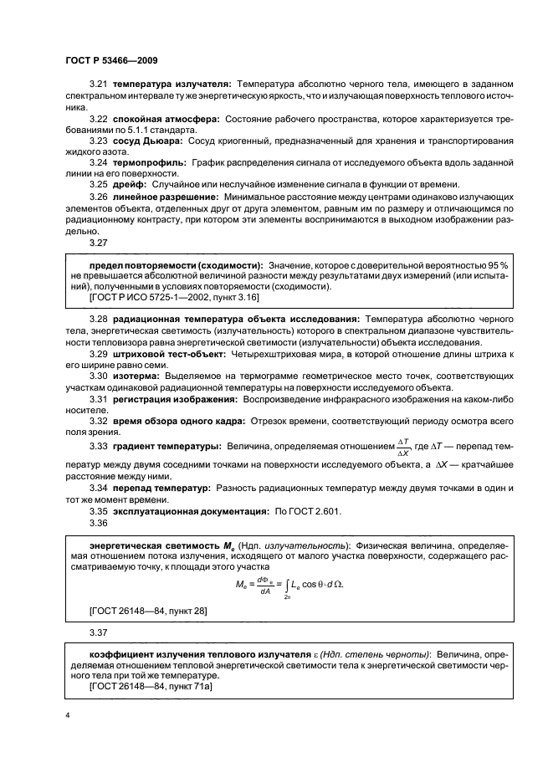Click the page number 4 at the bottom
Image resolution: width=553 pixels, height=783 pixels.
tap(68, 714)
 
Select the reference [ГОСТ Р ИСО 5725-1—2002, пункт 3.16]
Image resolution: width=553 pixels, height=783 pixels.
tap(173, 296)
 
